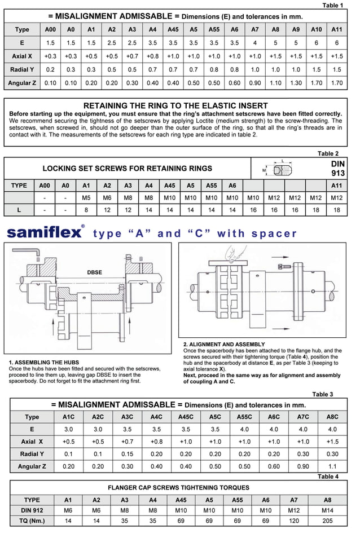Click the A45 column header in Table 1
(x=173, y=29)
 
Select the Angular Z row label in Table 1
(x=22, y=83)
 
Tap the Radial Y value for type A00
(x=50, y=69)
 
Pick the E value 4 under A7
(x=254, y=43)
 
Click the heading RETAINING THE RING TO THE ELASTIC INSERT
(x=175, y=105)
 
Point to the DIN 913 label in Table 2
(x=337, y=168)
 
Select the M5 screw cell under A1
(x=86, y=198)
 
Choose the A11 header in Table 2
(x=337, y=186)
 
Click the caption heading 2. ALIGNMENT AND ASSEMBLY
(x=224, y=344)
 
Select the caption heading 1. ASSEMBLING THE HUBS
(x=44, y=362)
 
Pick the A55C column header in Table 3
(x=244, y=417)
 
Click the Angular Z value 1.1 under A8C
(x=332, y=466)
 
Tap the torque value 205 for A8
(x=328, y=521)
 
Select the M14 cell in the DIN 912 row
(x=328, y=510)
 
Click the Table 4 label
(x=328, y=477)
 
